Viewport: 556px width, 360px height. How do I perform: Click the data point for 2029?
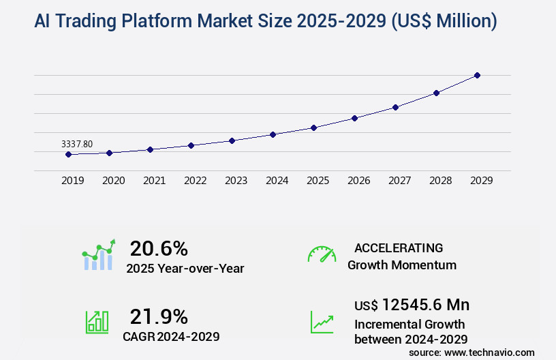coord(477,75)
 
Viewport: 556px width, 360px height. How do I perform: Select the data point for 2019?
coord(68,155)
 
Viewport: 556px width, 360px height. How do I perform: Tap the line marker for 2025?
coord(313,127)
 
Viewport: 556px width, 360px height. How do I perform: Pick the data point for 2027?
coord(395,107)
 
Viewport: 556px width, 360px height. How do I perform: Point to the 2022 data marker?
coord(191,145)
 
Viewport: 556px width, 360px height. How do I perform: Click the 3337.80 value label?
coord(77,144)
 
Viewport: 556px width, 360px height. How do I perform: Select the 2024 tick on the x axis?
coord(277,181)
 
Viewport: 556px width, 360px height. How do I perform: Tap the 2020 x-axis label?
coord(113,181)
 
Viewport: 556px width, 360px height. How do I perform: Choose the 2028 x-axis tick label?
coord(440,181)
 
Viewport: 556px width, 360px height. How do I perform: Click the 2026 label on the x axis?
coord(358,181)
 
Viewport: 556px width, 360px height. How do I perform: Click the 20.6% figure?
coord(159,248)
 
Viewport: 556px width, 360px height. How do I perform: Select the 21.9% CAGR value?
coord(159,316)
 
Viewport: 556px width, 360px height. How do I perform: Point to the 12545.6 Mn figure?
coord(425,305)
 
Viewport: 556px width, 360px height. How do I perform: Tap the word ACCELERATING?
coord(399,248)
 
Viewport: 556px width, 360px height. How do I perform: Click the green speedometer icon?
coord(322,254)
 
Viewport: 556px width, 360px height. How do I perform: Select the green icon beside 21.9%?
coord(97,321)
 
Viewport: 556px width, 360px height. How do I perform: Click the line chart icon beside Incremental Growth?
coord(322,322)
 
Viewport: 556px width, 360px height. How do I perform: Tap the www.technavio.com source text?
coord(489,352)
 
